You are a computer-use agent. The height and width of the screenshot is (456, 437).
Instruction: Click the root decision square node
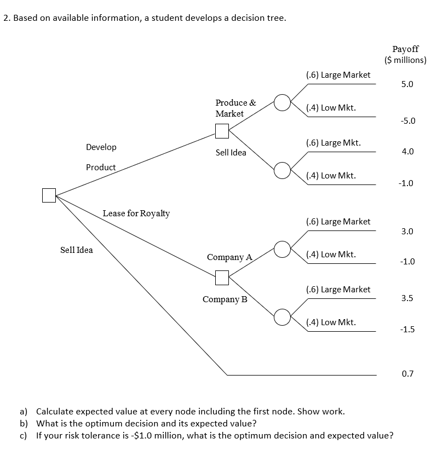click(49, 195)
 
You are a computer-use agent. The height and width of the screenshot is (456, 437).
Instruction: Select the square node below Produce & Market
click(222, 131)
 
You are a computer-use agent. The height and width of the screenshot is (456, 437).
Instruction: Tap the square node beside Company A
click(222, 278)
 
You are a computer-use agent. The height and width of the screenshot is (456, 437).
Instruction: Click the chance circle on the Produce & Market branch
click(281, 102)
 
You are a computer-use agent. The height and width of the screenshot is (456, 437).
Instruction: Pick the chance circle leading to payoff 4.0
click(281, 170)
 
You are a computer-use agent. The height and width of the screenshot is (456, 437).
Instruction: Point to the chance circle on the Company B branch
click(281, 316)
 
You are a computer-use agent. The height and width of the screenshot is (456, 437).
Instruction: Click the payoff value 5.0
click(407, 85)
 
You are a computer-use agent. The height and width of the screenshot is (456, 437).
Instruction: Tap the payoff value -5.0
click(407, 120)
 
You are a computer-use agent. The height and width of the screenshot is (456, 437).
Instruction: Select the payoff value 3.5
click(407, 299)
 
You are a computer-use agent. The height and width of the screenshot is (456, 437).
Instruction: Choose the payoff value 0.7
click(407, 374)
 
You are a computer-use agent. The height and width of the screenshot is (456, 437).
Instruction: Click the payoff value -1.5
click(407, 330)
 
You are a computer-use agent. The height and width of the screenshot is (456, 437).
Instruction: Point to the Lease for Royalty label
click(136, 213)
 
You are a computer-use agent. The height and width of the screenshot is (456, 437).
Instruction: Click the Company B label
click(225, 299)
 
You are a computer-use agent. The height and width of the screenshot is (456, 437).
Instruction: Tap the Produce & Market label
click(235, 108)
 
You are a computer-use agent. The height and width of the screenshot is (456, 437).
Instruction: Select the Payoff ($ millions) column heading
click(405, 55)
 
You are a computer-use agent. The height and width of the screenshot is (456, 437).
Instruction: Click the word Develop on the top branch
click(101, 147)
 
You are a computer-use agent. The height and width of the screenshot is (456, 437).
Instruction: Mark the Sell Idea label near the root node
click(77, 250)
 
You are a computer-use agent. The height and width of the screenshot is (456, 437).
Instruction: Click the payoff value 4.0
click(407, 152)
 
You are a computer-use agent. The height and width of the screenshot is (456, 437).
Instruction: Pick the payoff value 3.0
click(407, 232)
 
